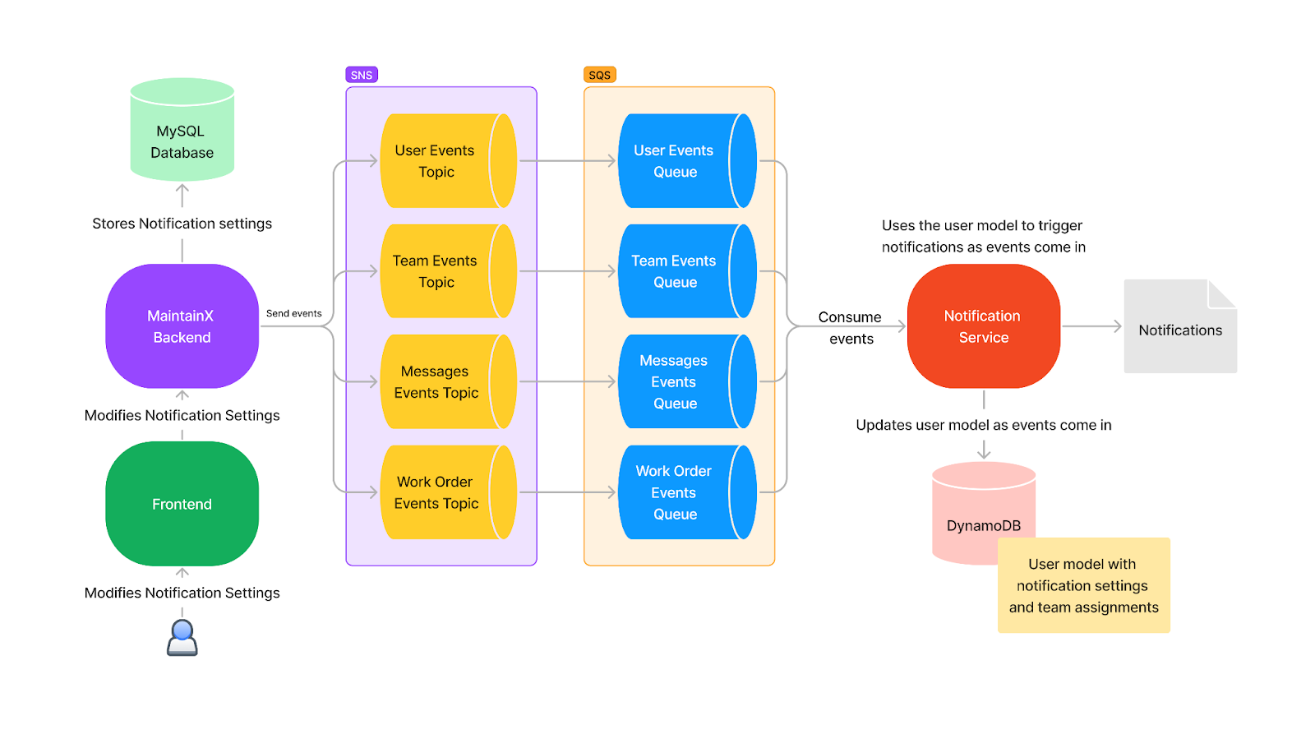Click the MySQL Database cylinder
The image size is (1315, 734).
pos(182,132)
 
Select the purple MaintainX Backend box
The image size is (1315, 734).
pos(182,326)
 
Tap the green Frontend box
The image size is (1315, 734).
pos(182,504)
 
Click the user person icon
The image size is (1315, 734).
pos(182,638)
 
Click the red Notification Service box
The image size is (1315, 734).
pos(983,326)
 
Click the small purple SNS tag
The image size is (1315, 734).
pos(362,75)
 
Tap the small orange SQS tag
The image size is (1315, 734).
pos(599,75)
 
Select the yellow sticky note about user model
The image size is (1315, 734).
pos(1083,585)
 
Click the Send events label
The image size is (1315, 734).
pos(293,313)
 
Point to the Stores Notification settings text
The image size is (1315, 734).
pos(182,224)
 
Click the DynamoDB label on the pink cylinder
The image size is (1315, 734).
pos(983,525)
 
